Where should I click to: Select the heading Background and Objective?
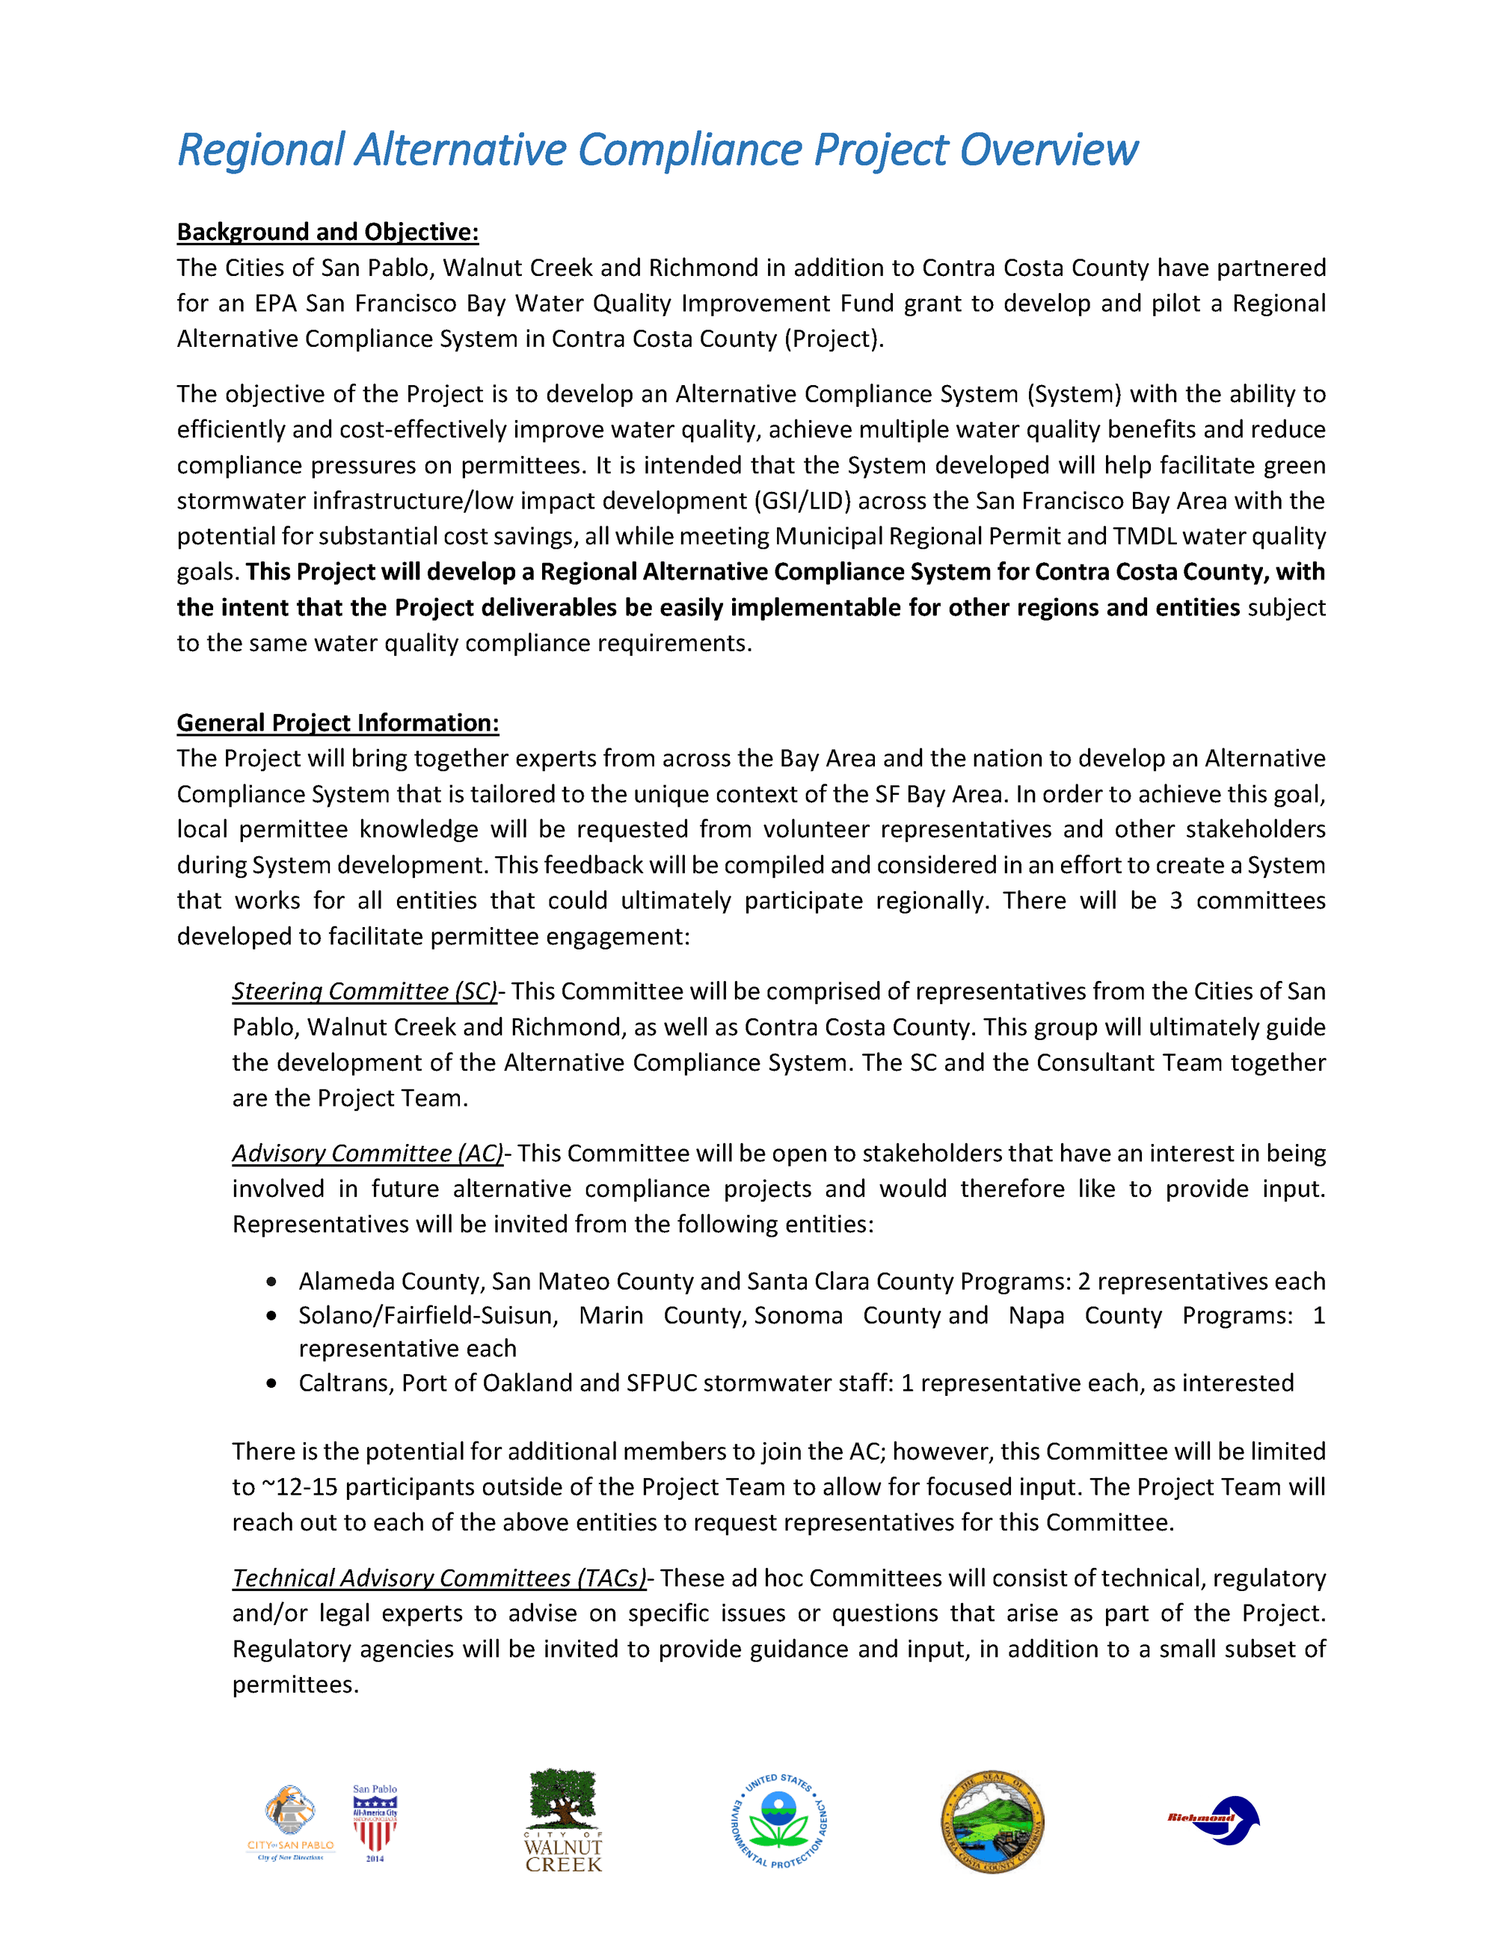click(328, 233)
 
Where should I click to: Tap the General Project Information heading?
click(337, 723)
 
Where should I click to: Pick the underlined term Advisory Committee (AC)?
click(368, 1154)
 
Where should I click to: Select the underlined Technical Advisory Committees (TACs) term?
click(439, 1578)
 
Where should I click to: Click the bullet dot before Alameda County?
click(271, 1282)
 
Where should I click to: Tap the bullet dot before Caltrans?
click(271, 1383)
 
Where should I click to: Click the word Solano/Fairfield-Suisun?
click(428, 1316)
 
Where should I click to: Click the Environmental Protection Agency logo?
click(780, 1821)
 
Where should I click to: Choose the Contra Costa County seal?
click(992, 1821)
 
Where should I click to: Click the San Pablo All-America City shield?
click(375, 1822)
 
